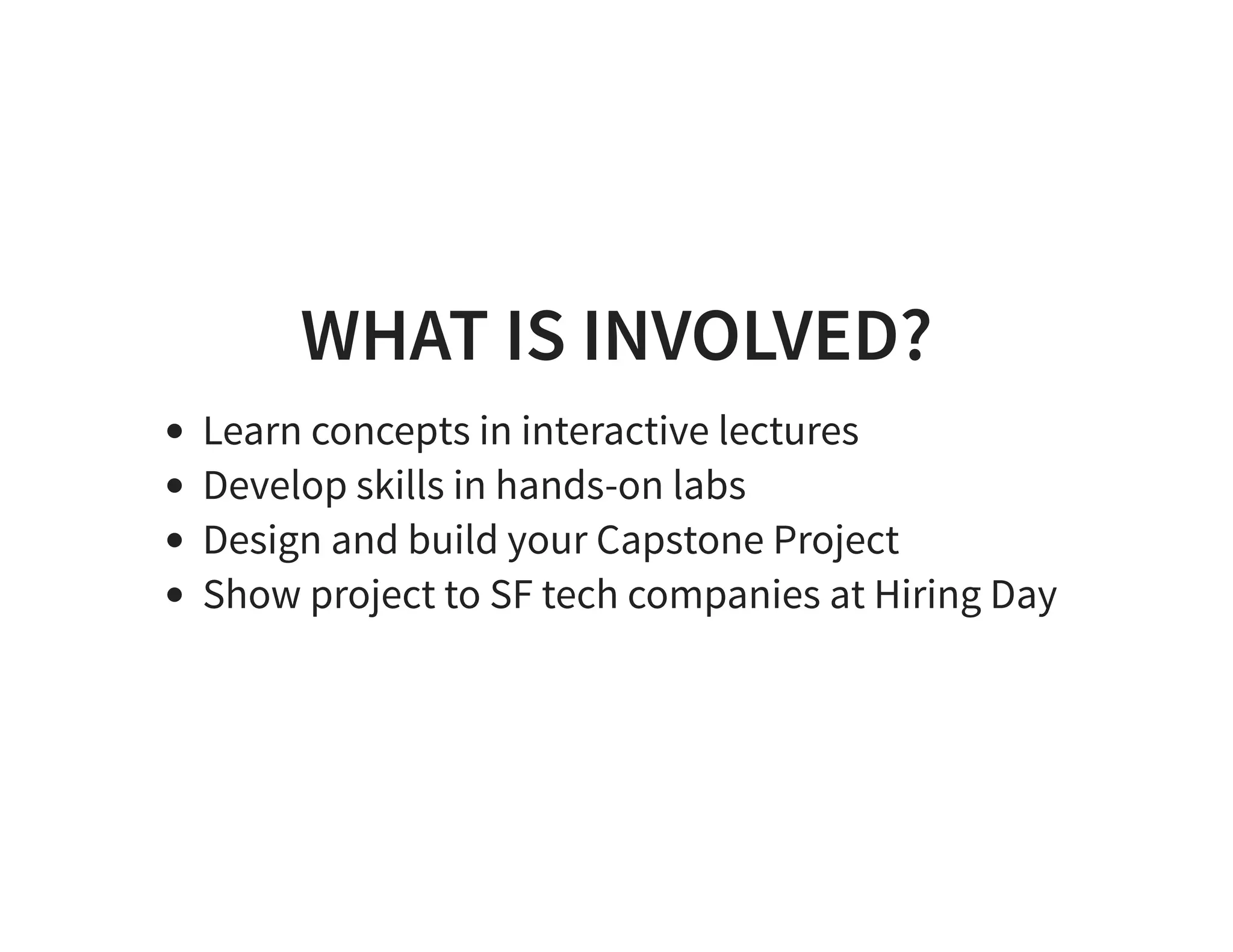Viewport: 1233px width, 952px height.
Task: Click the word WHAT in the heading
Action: pyautogui.click(x=394, y=336)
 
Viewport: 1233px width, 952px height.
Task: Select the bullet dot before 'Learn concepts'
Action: pyautogui.click(x=175, y=431)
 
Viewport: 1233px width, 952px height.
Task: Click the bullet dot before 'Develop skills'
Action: pyautogui.click(x=175, y=486)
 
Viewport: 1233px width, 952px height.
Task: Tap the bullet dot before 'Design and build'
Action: pyautogui.click(x=175, y=540)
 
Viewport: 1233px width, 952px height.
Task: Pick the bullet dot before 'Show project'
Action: pyautogui.click(x=175, y=595)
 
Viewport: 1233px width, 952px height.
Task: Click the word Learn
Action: pyautogui.click(x=252, y=431)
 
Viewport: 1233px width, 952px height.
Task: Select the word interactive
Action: pyautogui.click(x=615, y=431)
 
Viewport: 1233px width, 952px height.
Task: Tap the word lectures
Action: pyautogui.click(x=789, y=431)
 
